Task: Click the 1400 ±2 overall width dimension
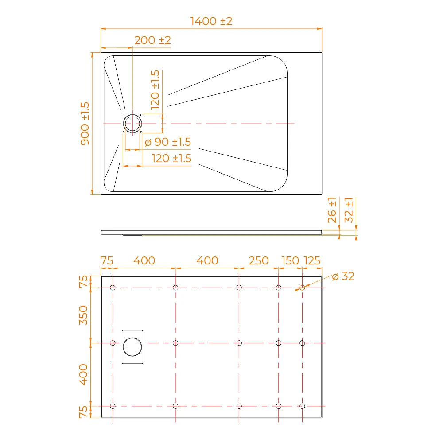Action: pyautogui.click(x=211, y=21)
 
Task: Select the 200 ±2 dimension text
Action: pyautogui.click(x=152, y=40)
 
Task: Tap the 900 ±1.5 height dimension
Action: pyautogui.click(x=85, y=124)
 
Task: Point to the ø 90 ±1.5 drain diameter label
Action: pyautogui.click(x=168, y=142)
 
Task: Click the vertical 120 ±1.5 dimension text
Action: pyautogui.click(x=155, y=90)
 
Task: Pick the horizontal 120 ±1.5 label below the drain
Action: pyautogui.click(x=171, y=158)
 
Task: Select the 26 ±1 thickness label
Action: pyautogui.click(x=332, y=210)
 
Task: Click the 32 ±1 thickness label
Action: pyautogui.click(x=349, y=210)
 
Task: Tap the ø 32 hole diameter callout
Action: pyautogui.click(x=343, y=276)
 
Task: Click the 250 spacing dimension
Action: pyautogui.click(x=259, y=260)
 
